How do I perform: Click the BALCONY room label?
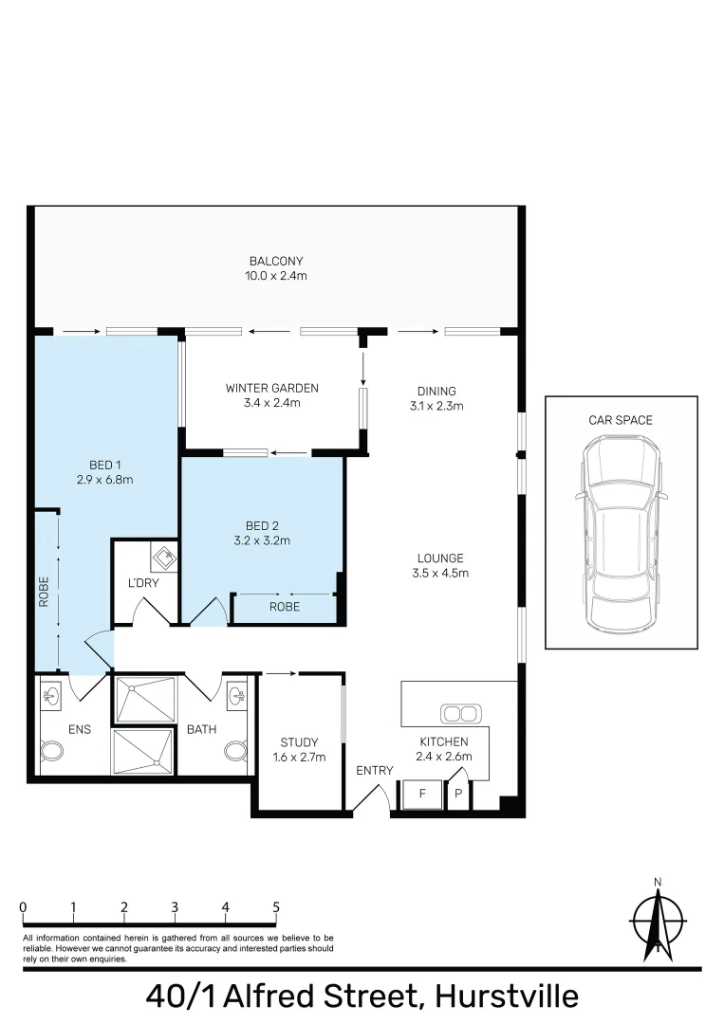(276, 262)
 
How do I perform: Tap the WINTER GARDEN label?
(271, 388)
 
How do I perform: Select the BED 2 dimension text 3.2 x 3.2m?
(262, 540)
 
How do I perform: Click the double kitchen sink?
(460, 714)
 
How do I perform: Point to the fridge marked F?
(421, 795)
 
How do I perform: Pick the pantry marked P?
(458, 795)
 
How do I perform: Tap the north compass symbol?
(658, 920)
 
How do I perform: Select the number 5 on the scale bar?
(276, 907)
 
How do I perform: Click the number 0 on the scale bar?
(24, 907)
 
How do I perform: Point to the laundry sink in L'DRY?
(164, 558)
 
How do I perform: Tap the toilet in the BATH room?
(235, 751)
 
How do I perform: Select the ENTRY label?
(375, 771)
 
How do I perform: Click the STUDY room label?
(299, 742)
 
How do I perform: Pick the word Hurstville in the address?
(507, 997)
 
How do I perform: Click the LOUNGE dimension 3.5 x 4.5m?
(440, 574)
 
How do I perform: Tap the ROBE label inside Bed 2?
(285, 607)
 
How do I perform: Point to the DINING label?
(436, 392)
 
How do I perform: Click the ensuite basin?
(50, 696)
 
